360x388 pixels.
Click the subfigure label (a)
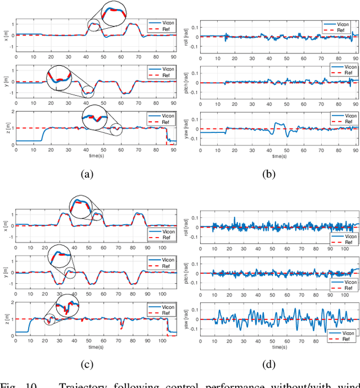coord(87,175)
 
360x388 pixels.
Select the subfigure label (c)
coord(87,365)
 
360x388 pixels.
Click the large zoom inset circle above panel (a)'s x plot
coord(119,13)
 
